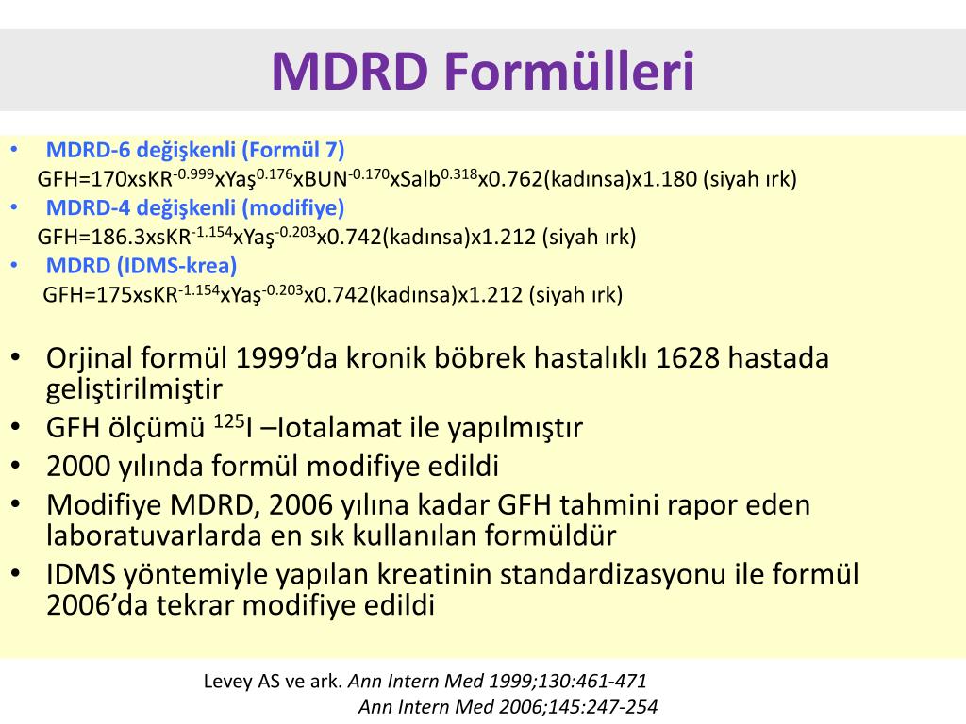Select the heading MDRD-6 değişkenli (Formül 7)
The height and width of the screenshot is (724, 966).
[x=195, y=150]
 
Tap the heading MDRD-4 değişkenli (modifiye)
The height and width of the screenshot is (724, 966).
[x=195, y=207]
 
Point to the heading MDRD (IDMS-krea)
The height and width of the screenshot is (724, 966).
[x=142, y=266]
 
